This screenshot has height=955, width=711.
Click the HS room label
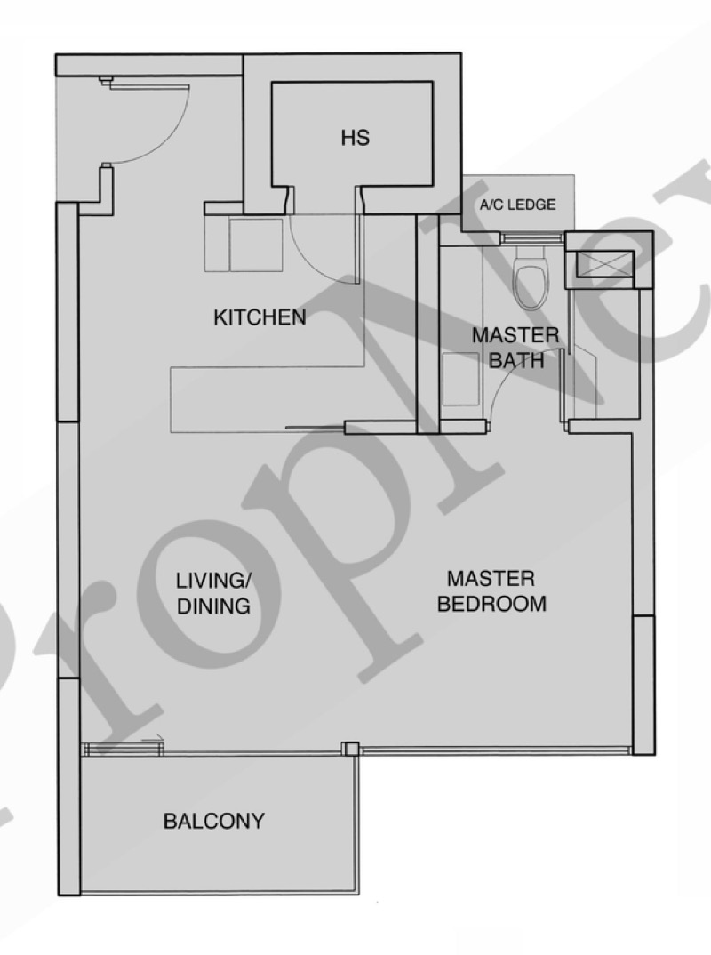[x=355, y=138]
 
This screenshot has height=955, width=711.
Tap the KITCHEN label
[x=260, y=317]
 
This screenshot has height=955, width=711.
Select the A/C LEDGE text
[x=518, y=205]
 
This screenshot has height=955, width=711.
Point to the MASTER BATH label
[x=515, y=348]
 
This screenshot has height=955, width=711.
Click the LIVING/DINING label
[x=213, y=593]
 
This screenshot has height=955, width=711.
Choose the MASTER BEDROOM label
[x=491, y=590]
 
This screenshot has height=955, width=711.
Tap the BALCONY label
[x=213, y=821]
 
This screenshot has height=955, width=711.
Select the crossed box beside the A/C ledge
[x=605, y=262]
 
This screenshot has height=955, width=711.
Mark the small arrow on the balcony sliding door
[x=155, y=739]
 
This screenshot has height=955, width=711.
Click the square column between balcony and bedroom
[x=350, y=749]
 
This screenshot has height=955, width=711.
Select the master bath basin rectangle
[x=460, y=379]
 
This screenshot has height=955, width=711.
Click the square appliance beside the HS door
[x=256, y=245]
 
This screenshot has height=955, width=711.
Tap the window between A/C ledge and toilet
[x=531, y=238]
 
